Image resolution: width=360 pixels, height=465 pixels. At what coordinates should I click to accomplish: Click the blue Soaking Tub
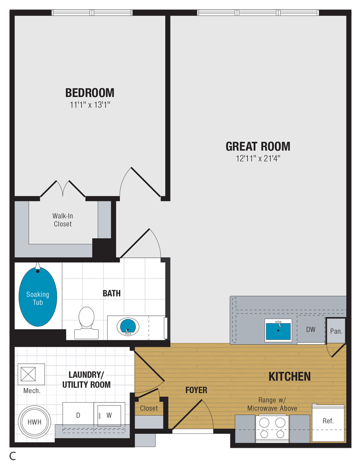38,297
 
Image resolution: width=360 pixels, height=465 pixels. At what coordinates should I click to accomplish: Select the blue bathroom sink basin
128,326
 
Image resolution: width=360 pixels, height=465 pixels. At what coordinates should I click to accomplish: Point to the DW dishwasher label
311,330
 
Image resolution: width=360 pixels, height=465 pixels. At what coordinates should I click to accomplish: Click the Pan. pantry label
336,331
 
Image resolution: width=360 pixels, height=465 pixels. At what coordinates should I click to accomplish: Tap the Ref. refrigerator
328,423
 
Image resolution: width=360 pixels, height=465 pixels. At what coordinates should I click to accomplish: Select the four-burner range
272,429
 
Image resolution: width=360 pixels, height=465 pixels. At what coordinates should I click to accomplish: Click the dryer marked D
78,415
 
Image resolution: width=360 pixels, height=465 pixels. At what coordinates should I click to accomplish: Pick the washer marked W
109,415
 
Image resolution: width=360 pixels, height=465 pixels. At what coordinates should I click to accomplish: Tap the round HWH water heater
34,422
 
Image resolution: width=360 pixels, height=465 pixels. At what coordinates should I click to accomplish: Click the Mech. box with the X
28,374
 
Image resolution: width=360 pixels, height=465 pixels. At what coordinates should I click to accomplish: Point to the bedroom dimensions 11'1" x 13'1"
90,105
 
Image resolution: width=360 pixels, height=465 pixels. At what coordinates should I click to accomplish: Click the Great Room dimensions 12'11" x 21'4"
258,159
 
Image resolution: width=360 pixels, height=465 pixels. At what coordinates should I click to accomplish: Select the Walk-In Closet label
63,220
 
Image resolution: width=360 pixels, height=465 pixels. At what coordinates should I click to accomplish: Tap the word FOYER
196,390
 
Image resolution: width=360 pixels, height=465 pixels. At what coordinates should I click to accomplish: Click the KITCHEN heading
289,376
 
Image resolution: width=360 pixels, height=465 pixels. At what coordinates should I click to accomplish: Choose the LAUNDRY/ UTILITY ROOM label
86,379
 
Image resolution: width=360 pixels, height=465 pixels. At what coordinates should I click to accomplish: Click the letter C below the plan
13,456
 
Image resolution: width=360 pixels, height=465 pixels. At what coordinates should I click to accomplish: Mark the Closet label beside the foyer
149,408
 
